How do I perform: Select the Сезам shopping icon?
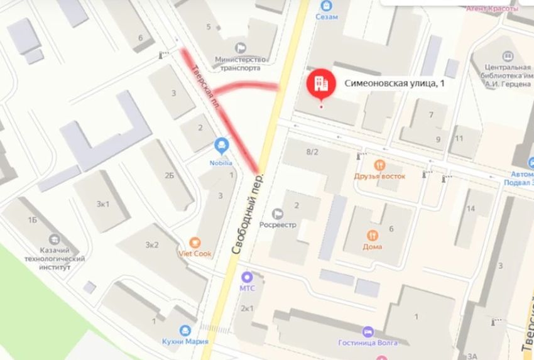pos(325,5)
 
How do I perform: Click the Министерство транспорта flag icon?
pos(241,48)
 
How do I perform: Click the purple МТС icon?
pos(247,276)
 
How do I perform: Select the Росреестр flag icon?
pos(278,214)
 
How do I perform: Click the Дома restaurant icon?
pos(373,235)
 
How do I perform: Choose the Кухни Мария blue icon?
pos(185,330)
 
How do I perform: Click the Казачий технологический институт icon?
pos(54,239)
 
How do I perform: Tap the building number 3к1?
pos(103,204)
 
